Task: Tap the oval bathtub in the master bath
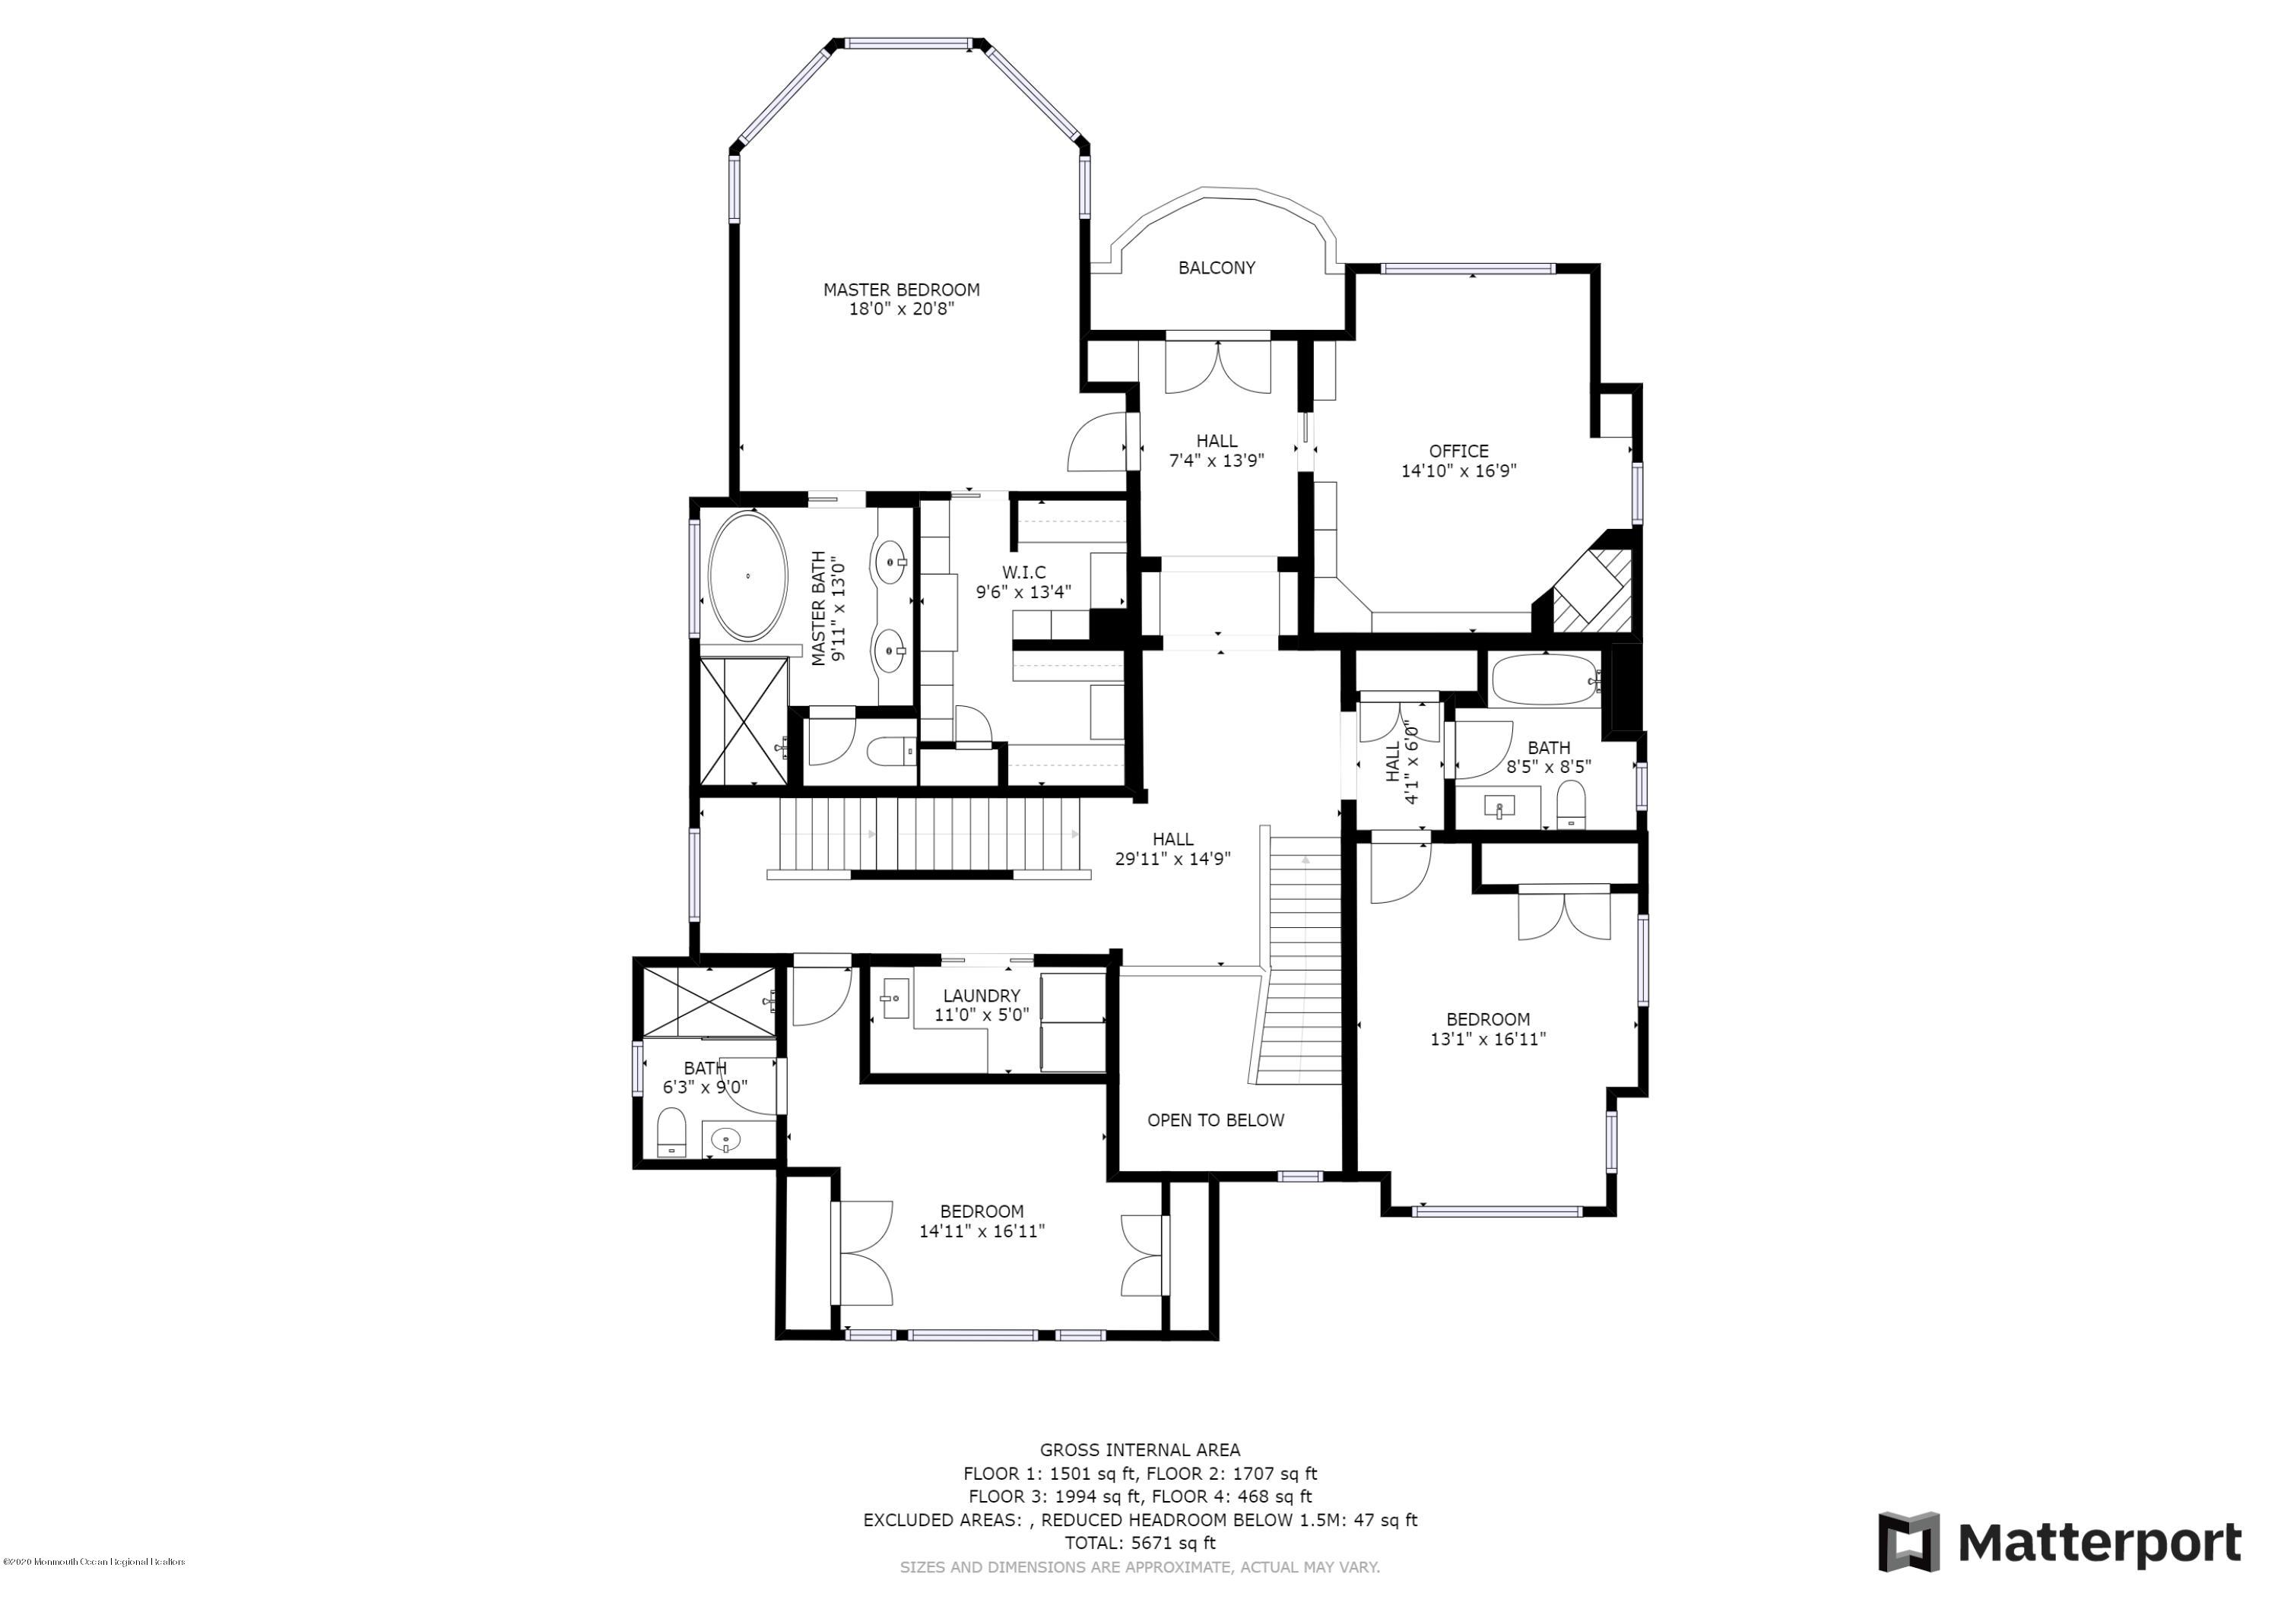tap(747, 576)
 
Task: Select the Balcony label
tap(1216, 268)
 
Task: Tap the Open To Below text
tap(1215, 1120)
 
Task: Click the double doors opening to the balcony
tap(1218, 366)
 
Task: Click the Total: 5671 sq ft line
tap(1140, 1544)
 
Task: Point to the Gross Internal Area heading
tap(1140, 1450)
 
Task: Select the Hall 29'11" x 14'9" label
tap(1172, 849)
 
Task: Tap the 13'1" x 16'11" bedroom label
tap(1487, 1029)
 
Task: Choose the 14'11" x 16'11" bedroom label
tap(982, 1221)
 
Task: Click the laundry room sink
tap(895, 998)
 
